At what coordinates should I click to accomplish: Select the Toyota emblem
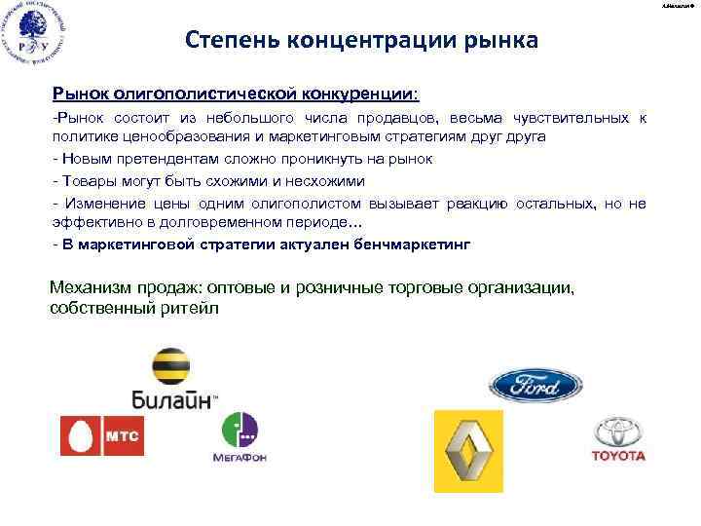click(618, 432)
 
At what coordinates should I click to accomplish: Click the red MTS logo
click(101, 435)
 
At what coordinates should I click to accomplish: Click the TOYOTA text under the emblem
click(618, 455)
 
